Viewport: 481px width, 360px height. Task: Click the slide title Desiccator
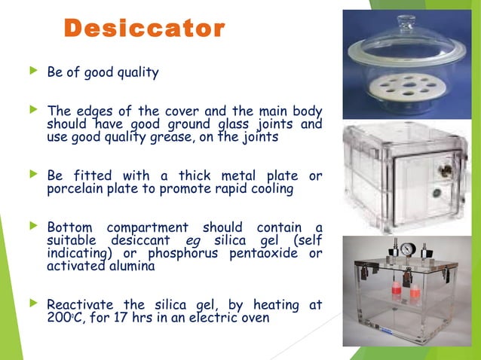point(144,29)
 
